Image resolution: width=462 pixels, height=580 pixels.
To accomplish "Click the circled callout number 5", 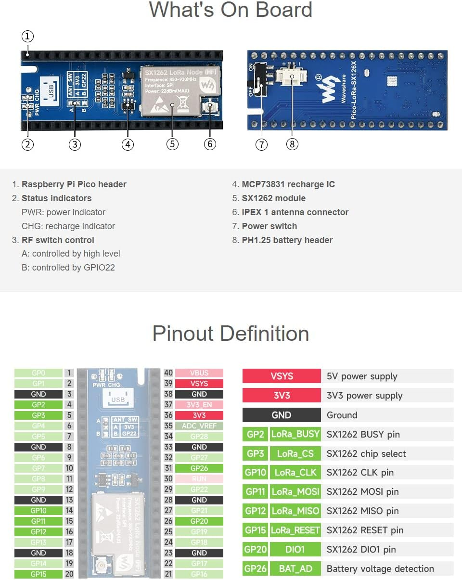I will click(172, 144).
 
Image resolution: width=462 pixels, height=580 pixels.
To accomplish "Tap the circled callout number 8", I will click(292, 144).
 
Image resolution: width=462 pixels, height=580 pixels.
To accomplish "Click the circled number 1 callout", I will click(27, 37).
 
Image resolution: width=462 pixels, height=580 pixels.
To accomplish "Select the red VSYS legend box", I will click(282, 376).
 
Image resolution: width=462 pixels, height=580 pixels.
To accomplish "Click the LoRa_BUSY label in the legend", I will click(295, 434).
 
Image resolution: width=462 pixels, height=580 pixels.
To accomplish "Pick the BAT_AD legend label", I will click(295, 568).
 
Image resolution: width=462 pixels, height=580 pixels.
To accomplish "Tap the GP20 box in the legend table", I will click(255, 549).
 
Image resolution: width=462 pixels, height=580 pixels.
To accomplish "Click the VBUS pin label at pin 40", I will click(199, 373).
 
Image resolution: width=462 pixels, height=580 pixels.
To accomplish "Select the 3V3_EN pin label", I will click(199, 405).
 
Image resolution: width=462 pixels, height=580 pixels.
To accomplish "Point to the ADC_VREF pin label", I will click(199, 426).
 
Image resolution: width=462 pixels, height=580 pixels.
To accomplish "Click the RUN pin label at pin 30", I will click(199, 479).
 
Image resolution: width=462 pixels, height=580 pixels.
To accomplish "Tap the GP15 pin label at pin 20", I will click(38, 574).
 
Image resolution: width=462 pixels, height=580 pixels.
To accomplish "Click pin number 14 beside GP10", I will click(69, 511).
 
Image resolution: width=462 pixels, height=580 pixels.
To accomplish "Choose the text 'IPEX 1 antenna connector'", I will click(295, 212).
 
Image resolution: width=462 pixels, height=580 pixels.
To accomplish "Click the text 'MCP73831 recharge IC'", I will click(288, 184).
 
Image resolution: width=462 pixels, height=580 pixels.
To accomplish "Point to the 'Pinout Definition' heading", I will click(231, 334).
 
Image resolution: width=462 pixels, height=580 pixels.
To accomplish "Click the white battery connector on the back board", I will click(292, 77).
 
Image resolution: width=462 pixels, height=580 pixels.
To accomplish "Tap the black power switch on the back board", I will click(261, 80).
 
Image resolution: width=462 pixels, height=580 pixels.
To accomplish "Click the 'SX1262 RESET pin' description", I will click(365, 530).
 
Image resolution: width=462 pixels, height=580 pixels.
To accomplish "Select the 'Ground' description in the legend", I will click(342, 415).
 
